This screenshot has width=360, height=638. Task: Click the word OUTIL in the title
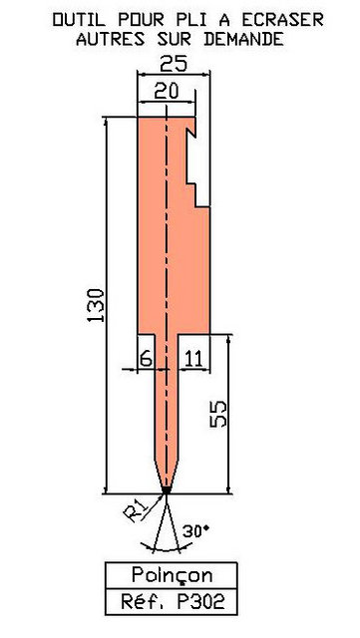coord(79,20)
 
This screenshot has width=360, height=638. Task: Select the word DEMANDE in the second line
coord(243,40)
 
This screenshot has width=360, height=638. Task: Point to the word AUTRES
coord(111,40)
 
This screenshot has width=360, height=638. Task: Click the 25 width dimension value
coord(174,64)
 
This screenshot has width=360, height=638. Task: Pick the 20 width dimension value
coord(167,92)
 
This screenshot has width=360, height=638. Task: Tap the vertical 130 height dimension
coord(96,305)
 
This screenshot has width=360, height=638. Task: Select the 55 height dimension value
coord(218,414)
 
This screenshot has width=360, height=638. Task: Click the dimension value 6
coord(146,359)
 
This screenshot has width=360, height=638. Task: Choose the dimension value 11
coord(193,359)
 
